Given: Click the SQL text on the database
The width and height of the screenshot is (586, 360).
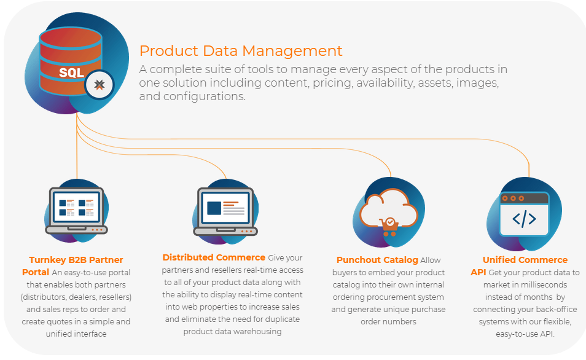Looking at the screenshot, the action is pyautogui.click(x=71, y=72).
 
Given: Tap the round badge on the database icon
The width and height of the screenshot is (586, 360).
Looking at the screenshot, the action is pyautogui.click(x=99, y=85).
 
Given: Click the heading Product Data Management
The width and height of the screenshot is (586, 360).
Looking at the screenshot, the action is pyautogui.click(x=241, y=51).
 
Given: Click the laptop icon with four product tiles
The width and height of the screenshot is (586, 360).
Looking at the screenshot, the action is pyautogui.click(x=77, y=211).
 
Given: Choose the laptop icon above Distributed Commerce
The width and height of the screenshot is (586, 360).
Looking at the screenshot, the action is pyautogui.click(x=225, y=211).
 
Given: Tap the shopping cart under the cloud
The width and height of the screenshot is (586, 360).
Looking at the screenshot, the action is pyautogui.click(x=389, y=227).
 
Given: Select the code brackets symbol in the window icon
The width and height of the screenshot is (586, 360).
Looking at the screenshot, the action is pyautogui.click(x=524, y=219).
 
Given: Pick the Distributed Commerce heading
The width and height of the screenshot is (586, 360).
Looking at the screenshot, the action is pyautogui.click(x=214, y=257).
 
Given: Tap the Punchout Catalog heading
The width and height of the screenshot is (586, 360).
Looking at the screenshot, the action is pyautogui.click(x=377, y=260).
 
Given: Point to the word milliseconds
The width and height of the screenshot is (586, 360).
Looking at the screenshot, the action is pyautogui.click(x=544, y=285).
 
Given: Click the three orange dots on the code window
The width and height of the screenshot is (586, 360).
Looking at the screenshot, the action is pyautogui.click(x=513, y=198).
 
